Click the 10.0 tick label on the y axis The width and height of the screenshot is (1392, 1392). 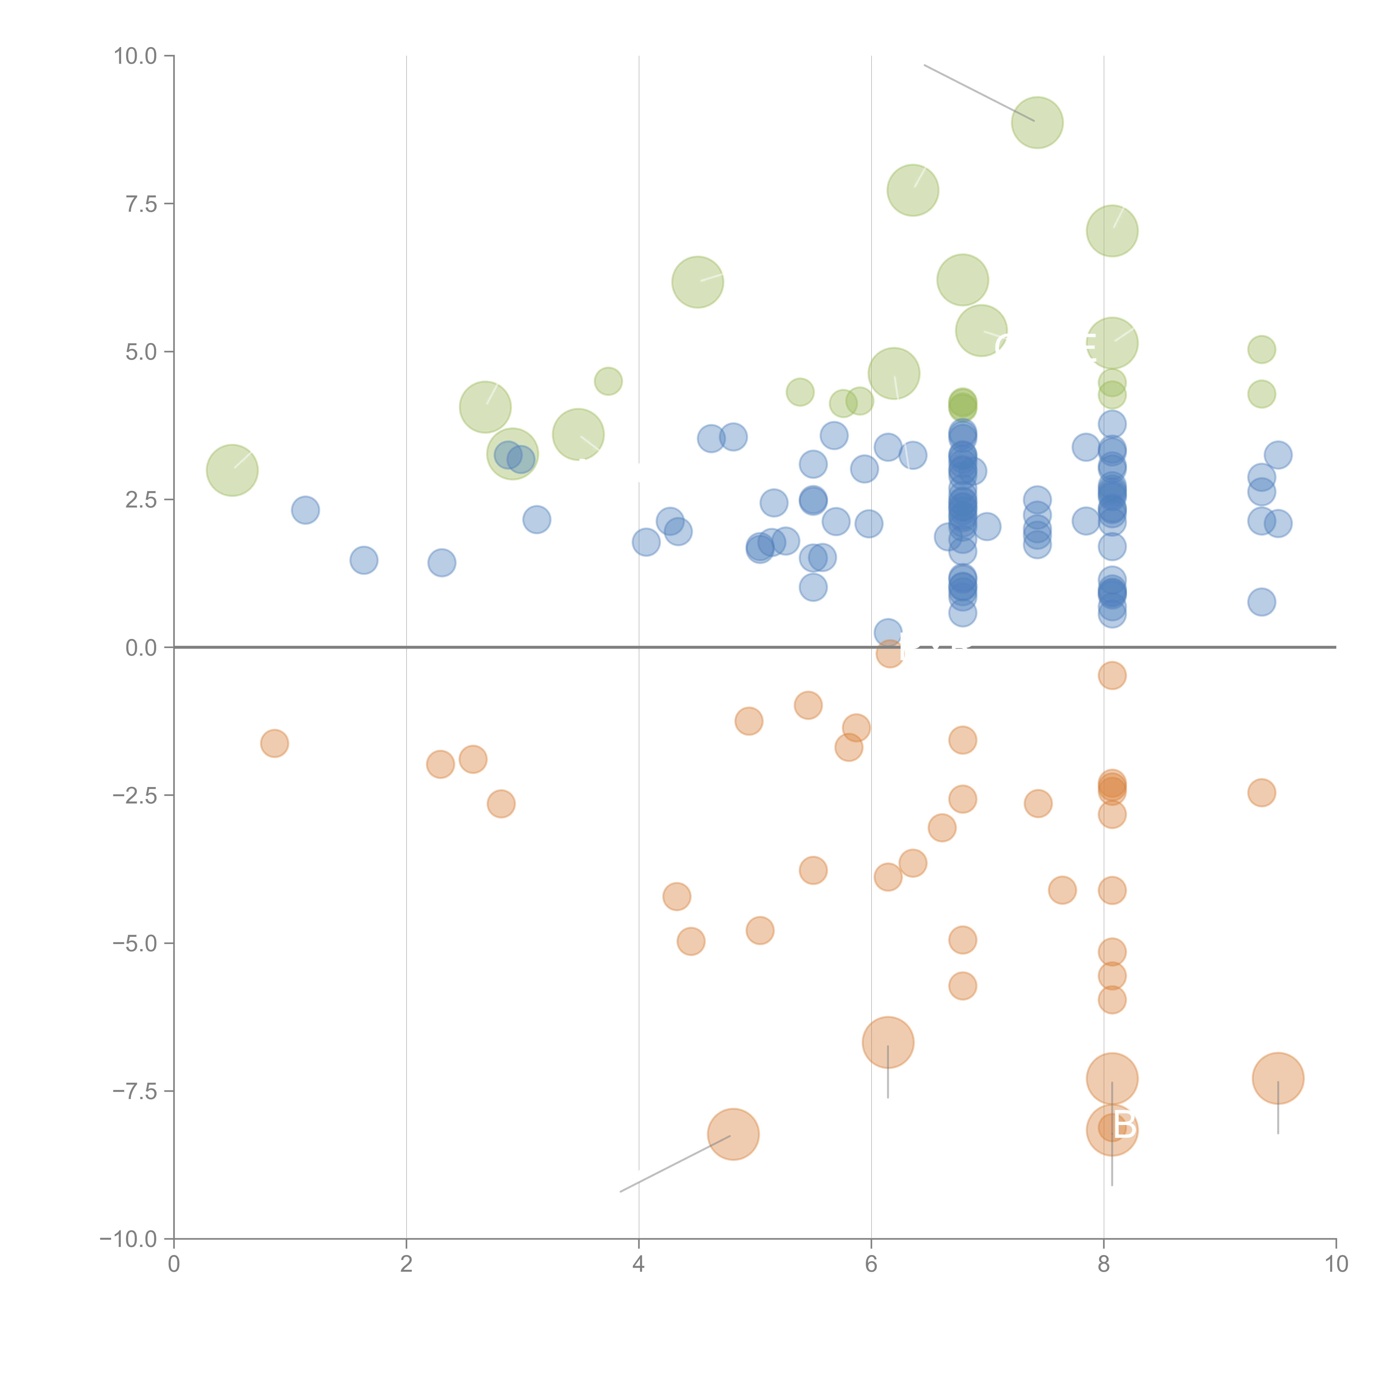[x=136, y=56]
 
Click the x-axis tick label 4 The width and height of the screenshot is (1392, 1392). [x=638, y=1264]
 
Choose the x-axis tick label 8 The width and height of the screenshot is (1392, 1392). [x=1104, y=1264]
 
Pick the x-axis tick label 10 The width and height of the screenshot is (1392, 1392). [x=1336, y=1264]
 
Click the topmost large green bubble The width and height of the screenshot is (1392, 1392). [x=1037, y=122]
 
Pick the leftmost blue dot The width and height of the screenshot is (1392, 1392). [x=305, y=510]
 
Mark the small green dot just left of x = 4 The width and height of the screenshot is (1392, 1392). [x=608, y=381]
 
